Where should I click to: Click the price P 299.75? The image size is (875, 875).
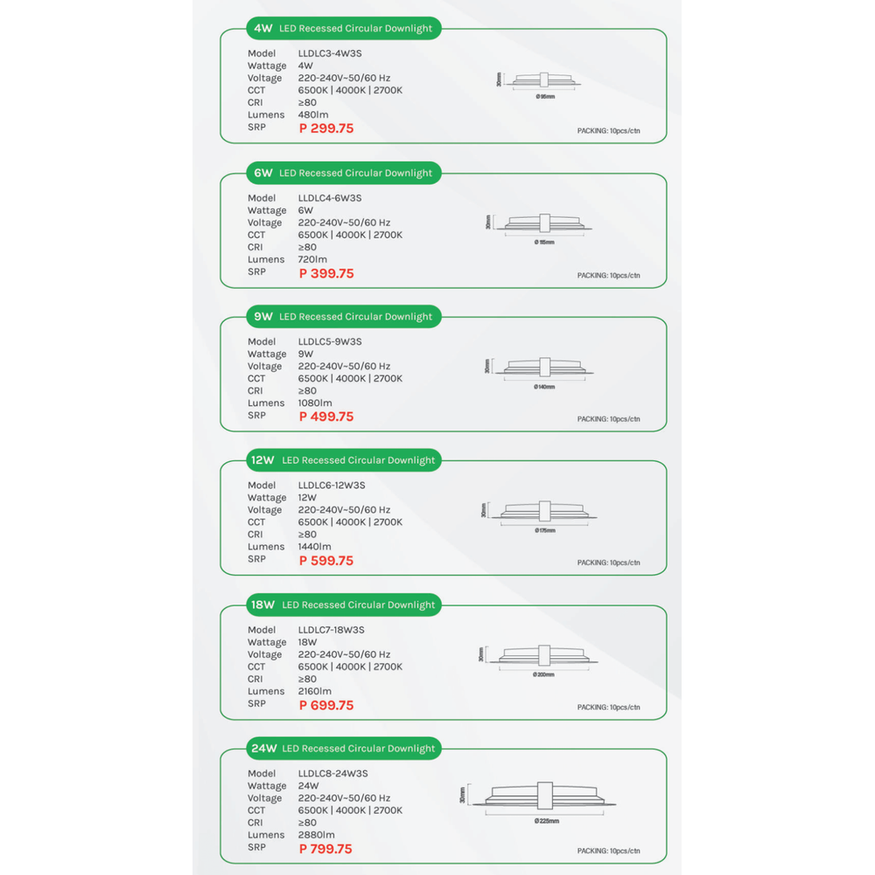326,129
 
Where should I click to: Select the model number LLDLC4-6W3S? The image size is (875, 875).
330,198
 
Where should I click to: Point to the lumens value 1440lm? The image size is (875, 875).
315,547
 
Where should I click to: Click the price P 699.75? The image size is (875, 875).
326,705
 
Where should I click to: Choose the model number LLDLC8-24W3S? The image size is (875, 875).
332,773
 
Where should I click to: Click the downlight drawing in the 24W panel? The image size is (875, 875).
543,796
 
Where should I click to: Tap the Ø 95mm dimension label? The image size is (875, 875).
545,96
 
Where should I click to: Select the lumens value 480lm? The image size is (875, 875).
313,115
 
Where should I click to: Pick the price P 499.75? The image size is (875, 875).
326,416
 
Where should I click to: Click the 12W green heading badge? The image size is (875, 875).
342,460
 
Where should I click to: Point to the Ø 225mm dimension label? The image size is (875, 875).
546,821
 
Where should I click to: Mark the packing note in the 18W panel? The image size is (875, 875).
609,707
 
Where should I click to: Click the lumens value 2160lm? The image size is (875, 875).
315,691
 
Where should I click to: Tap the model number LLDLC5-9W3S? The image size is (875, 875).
330,341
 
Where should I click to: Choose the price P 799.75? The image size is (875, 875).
325,849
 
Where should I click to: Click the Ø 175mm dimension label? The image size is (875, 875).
544,530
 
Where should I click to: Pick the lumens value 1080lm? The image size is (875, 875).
315,403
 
